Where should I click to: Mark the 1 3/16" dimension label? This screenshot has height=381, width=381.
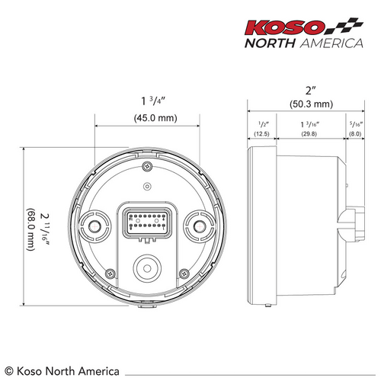(x=309, y=123)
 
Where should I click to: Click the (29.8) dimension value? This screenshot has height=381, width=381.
(x=309, y=134)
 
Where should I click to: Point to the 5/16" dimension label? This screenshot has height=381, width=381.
(x=355, y=123)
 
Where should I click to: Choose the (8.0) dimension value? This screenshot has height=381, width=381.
(x=355, y=134)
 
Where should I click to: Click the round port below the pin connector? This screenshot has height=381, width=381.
(x=147, y=267)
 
